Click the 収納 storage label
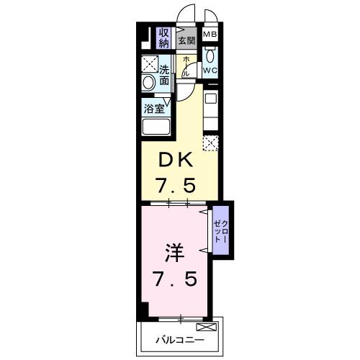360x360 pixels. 164,37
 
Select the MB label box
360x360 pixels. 210,34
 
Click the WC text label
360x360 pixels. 210,70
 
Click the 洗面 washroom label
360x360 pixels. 165,76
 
